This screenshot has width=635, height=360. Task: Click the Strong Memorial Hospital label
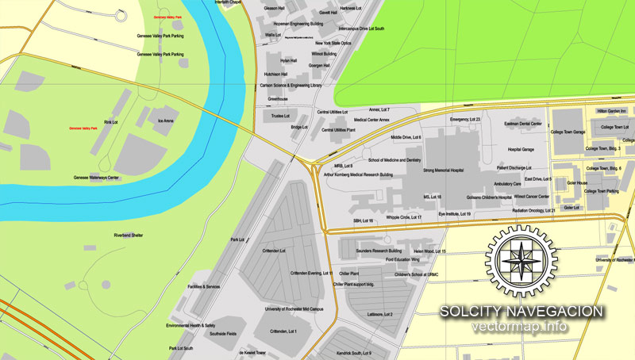443,170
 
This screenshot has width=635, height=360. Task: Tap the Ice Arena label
165,121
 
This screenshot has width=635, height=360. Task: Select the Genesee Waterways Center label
97,178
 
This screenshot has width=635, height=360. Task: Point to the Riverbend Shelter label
129,235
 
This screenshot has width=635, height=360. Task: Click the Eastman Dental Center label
524,124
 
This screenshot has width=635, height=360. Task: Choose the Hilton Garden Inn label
612,111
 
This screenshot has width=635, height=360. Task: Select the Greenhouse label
278,99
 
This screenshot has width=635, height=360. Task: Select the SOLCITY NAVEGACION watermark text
521,312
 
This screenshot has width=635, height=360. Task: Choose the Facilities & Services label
204,286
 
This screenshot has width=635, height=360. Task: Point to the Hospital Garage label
521,149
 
